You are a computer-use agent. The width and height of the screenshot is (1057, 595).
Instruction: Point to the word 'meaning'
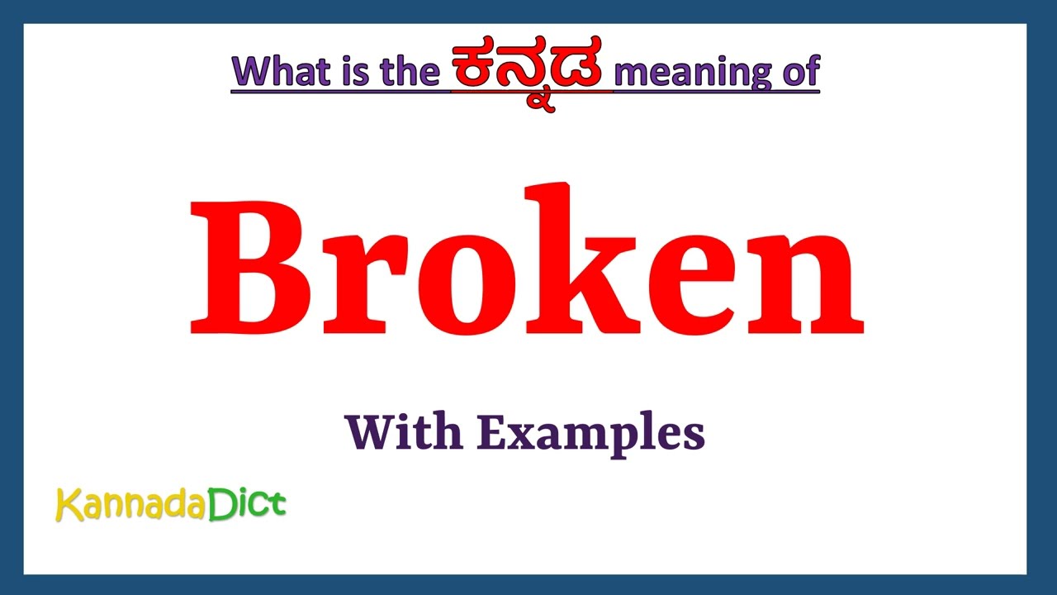(690, 73)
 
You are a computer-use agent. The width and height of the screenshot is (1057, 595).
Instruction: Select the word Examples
(590, 433)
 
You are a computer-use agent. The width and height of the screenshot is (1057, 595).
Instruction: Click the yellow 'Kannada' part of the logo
(130, 505)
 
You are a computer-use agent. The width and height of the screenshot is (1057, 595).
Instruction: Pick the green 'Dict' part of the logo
(246, 503)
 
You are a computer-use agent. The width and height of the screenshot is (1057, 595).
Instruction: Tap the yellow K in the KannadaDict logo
(67, 505)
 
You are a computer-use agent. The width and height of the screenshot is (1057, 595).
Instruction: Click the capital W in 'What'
(250, 73)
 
